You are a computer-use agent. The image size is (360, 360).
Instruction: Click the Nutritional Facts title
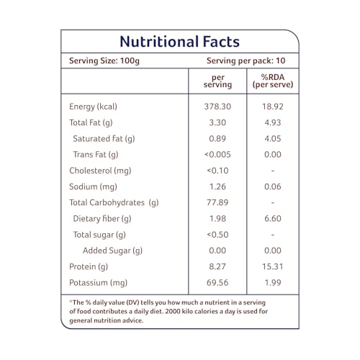coord(179,42)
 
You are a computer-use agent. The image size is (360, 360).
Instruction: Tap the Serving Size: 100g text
coord(104,60)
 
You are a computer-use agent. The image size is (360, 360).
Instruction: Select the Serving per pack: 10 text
coord(246,60)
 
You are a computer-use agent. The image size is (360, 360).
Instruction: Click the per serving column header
coord(217,81)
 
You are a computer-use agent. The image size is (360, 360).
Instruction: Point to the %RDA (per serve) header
coord(273,81)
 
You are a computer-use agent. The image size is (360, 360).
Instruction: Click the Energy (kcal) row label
coord(93,107)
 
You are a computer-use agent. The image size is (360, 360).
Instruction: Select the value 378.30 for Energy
coord(217,107)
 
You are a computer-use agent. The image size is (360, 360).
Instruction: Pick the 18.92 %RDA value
coord(273,107)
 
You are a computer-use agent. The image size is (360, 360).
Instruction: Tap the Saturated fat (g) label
coord(104,139)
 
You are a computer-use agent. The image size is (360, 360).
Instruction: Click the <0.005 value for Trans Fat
coord(217,154)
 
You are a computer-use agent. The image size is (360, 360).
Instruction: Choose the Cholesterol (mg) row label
coord(100,171)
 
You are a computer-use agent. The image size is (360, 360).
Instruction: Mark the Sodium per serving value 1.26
coord(217,186)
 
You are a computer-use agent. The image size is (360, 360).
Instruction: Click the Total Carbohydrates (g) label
coord(114,202)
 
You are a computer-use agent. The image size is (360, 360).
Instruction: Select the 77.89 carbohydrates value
coord(217,202)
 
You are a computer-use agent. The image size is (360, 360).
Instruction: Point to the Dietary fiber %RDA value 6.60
coord(273,218)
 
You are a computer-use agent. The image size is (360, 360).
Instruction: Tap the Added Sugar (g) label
coord(112,251)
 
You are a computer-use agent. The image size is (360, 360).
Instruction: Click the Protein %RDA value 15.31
coord(273,266)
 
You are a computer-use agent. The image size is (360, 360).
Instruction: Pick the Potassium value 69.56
coord(217,282)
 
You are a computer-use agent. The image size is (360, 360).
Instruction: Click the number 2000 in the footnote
coord(173,311)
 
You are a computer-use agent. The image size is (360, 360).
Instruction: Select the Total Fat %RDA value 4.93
coord(273,122)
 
